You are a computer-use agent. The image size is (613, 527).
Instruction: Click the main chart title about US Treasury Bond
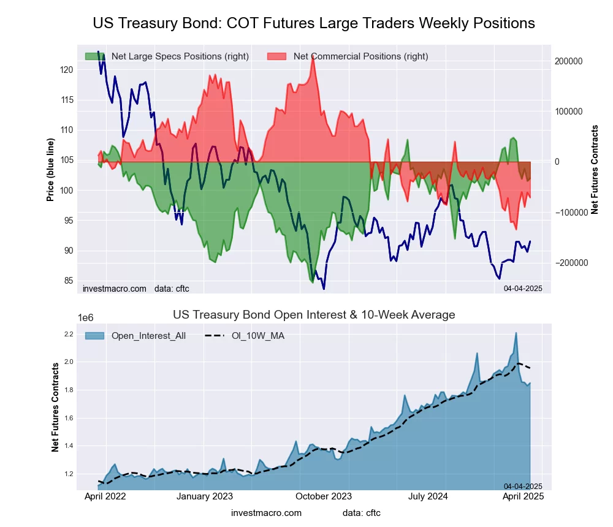314,23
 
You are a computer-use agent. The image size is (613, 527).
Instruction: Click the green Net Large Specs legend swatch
96,56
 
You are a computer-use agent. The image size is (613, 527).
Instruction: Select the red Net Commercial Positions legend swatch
278,56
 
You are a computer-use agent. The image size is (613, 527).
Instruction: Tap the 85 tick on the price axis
69,281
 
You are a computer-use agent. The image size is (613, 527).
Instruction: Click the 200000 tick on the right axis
568,61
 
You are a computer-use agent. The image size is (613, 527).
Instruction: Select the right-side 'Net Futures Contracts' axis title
594,169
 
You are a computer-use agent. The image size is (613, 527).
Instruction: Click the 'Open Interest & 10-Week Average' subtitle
314,315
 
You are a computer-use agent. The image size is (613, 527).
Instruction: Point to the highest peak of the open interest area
516,333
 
